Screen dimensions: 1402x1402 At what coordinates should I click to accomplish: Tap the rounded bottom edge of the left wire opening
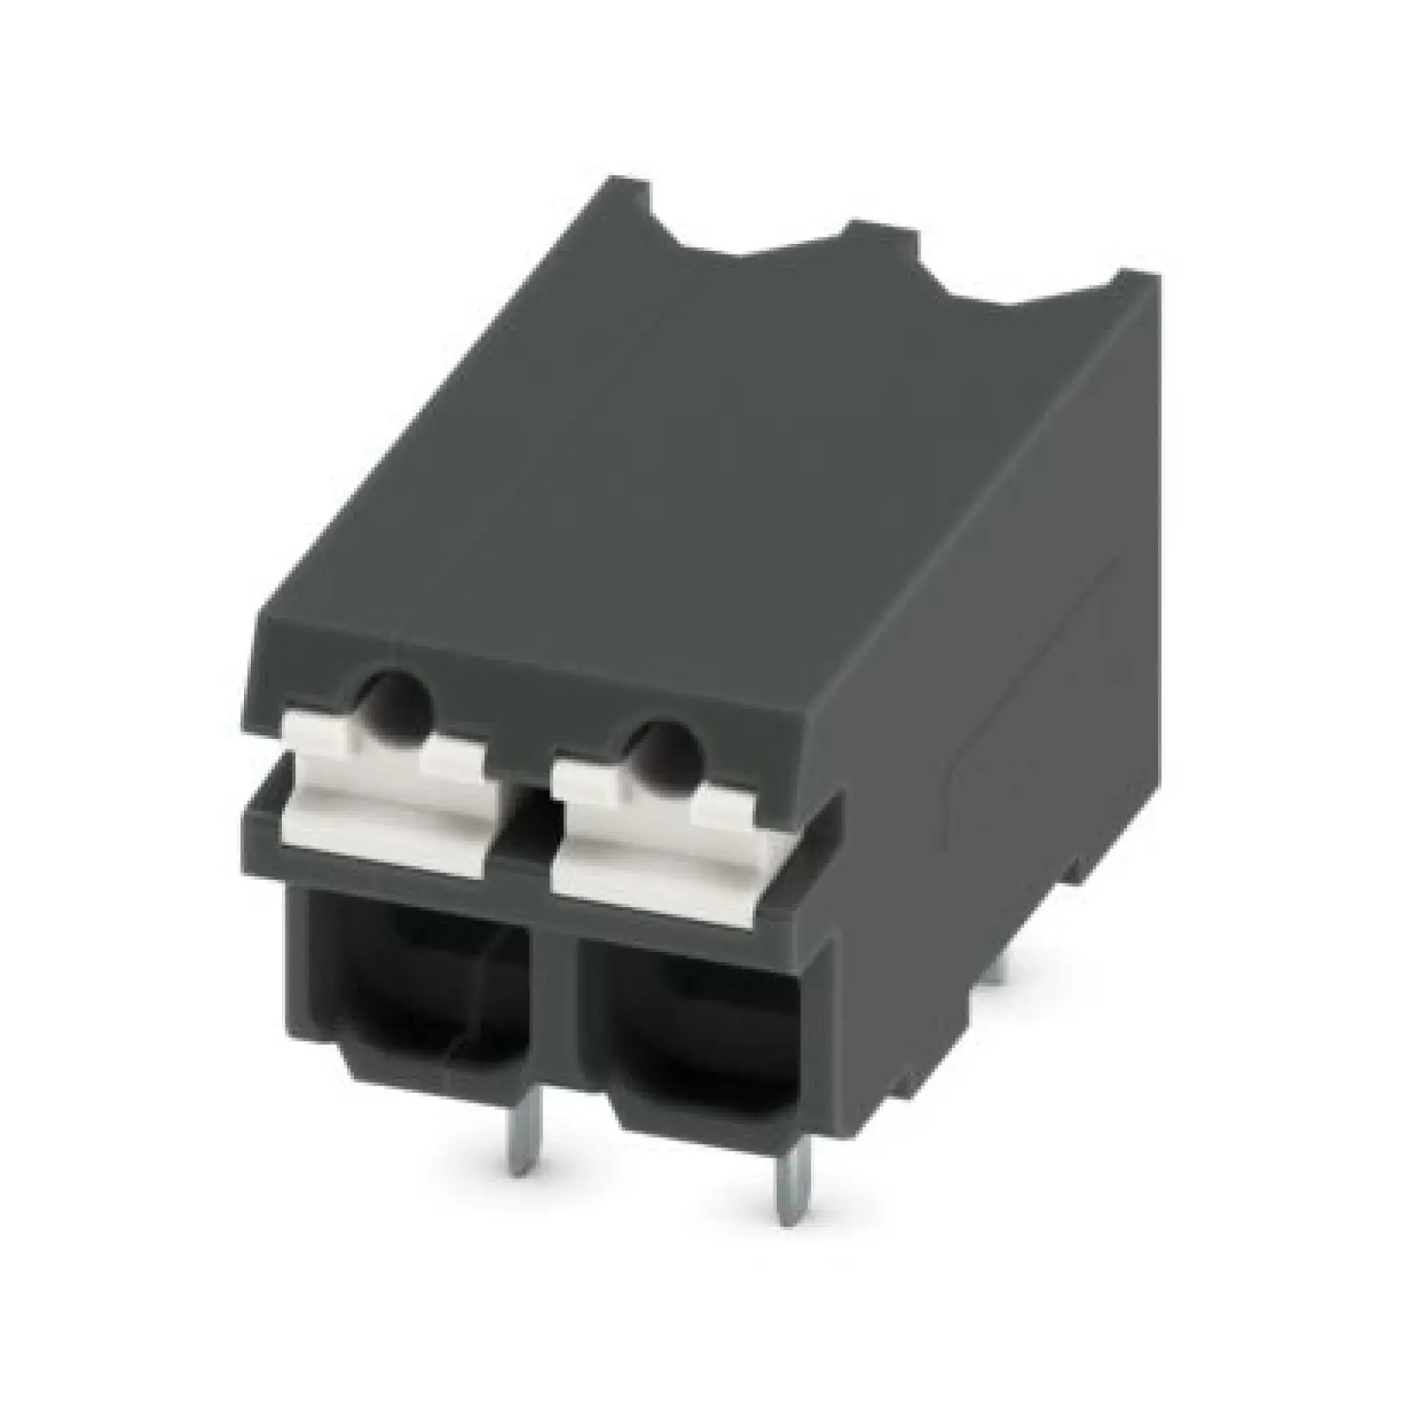[x=407, y=1089]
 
